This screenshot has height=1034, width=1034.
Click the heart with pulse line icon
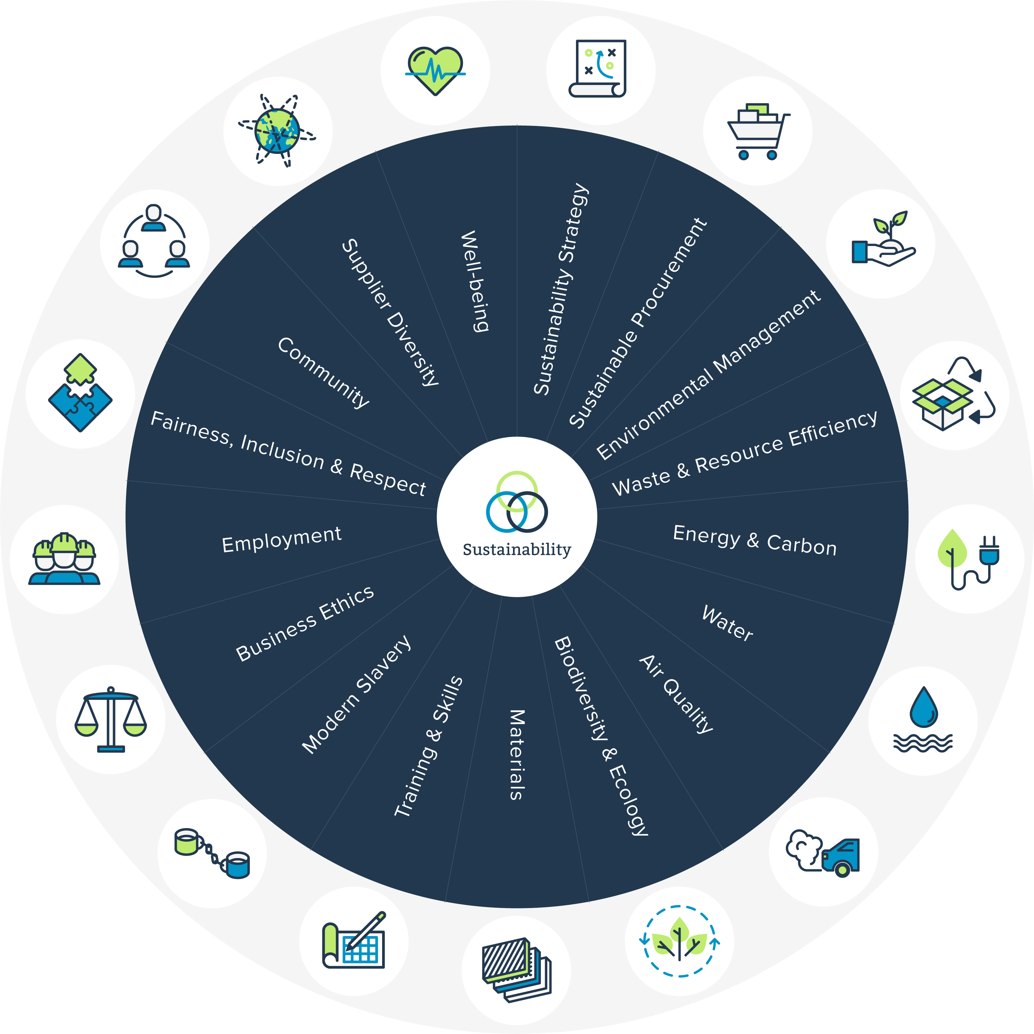435,71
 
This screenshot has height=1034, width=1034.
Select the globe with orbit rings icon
277,131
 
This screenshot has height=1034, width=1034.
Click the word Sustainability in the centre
517,550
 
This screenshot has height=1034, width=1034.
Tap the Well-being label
475,282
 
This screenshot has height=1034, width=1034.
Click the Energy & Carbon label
754,540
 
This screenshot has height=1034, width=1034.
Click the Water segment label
727,623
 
